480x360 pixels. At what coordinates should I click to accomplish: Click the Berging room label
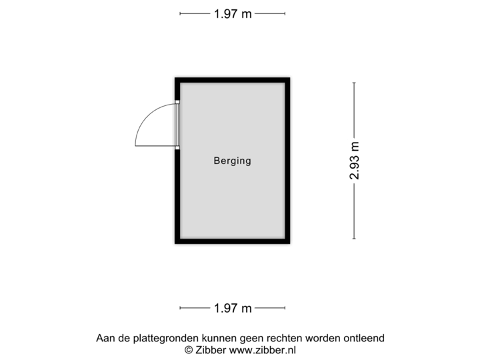(232, 161)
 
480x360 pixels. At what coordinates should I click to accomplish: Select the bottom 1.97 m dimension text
(233, 308)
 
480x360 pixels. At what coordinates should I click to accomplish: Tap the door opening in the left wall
(177, 125)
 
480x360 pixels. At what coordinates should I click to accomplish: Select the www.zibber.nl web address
(263, 349)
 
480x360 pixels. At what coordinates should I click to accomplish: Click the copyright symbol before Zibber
(189, 349)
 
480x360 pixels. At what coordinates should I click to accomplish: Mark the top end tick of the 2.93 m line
(354, 82)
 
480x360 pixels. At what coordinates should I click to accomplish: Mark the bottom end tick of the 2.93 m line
(354, 239)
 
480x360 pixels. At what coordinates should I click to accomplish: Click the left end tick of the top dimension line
(180, 13)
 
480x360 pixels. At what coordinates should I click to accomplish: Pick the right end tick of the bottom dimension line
(285, 308)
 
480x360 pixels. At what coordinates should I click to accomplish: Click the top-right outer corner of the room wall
(292, 76)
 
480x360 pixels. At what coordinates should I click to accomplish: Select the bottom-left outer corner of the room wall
(173, 245)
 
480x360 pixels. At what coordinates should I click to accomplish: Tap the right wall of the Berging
(289, 161)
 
